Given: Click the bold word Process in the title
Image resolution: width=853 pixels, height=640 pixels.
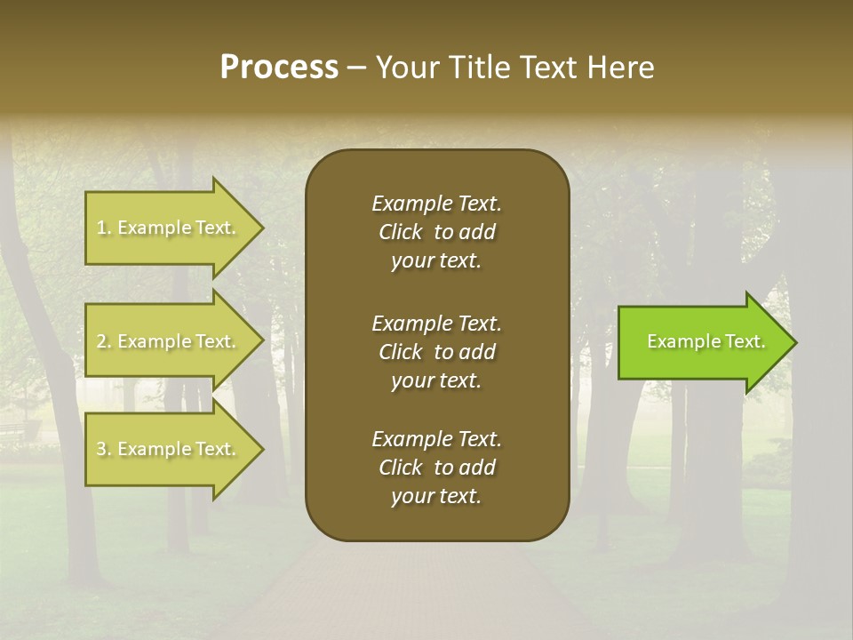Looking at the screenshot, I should (279, 68).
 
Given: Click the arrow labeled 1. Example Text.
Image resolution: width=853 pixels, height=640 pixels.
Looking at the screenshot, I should (169, 228).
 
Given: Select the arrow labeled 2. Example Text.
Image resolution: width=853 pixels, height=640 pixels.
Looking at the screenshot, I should (169, 341).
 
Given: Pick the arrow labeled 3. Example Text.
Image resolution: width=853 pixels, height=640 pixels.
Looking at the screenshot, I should (169, 449).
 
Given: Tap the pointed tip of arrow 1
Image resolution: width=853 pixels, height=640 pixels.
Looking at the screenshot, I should (260, 228).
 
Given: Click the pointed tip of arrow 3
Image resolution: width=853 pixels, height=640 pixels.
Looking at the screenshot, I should (260, 449).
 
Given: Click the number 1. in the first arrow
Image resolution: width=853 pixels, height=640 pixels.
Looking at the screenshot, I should (104, 228).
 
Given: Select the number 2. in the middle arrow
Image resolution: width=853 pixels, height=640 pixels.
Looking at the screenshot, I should (104, 342).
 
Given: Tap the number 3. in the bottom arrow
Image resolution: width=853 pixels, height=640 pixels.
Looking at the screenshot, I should (104, 450).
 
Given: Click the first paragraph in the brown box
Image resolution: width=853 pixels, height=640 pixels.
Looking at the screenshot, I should (436, 232).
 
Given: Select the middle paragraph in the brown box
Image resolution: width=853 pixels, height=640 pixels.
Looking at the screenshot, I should (436, 352).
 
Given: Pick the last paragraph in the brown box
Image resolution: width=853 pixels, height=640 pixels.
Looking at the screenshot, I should (436, 468).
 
